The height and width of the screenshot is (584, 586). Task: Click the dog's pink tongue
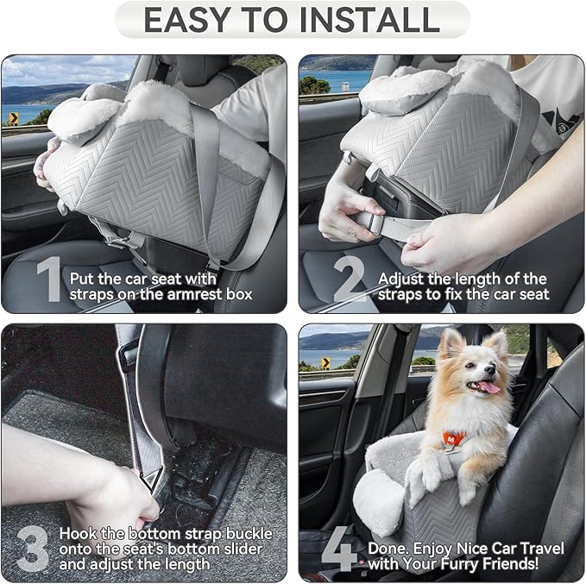(488, 388)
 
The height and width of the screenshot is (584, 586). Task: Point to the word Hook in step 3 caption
(75, 533)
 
